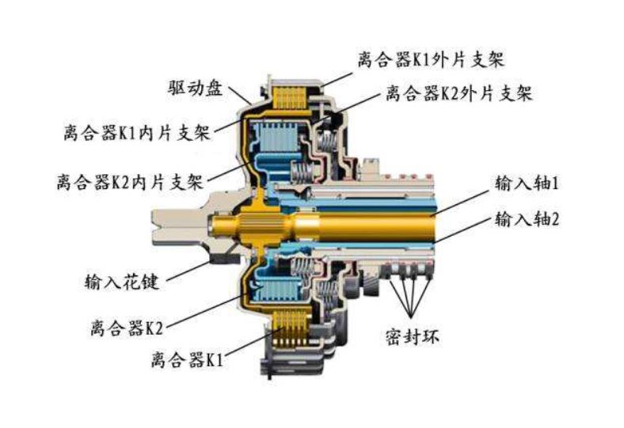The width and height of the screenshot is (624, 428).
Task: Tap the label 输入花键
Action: pyautogui.click(x=119, y=279)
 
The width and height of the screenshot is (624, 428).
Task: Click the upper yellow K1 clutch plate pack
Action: pyautogui.click(x=290, y=99)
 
